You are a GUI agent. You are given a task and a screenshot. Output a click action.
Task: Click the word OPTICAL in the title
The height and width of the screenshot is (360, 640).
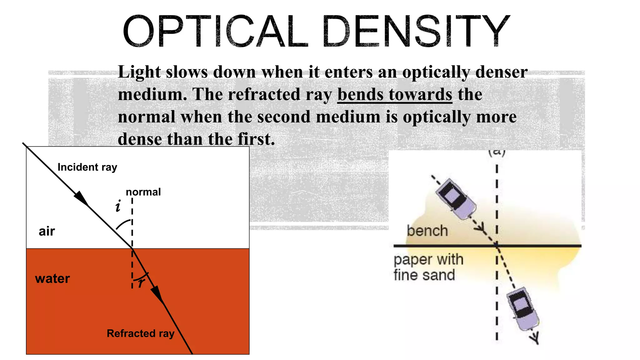pos(216,31)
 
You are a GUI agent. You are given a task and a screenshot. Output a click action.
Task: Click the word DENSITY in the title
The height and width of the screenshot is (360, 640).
pos(416,31)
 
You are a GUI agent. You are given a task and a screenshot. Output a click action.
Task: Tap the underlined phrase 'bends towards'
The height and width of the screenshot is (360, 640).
pos(395,94)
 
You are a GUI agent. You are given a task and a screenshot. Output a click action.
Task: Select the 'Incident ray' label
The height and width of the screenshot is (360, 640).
pos(87,167)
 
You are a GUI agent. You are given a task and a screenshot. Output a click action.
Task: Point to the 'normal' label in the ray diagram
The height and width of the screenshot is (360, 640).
pos(143,192)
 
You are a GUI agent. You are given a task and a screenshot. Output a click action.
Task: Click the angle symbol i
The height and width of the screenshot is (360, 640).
pos(118,207)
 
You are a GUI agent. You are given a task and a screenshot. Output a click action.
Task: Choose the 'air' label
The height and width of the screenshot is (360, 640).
pos(47,231)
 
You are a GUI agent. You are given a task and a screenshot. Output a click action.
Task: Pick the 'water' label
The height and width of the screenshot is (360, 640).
pos(52,278)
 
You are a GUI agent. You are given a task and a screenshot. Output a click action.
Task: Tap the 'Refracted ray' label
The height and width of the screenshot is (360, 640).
pos(140,333)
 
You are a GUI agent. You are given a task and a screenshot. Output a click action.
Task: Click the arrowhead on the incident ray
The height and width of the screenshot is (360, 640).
pos(81,198)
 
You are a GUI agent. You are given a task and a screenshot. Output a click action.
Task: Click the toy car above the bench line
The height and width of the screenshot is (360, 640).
pos(457,199)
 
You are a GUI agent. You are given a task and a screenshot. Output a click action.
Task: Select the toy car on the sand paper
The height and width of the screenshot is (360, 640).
pos(523,309)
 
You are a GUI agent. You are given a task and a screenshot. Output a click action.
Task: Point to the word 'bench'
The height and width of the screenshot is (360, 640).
pos(427,231)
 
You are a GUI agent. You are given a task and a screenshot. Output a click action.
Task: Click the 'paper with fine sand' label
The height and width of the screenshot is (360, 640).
pos(428,267)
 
